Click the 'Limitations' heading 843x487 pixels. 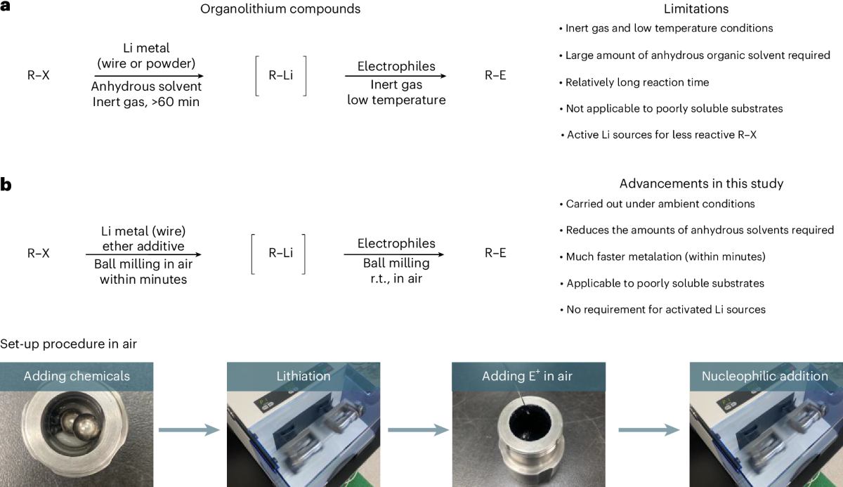coord(695,10)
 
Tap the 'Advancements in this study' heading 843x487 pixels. coord(701,184)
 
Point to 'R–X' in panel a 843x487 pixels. coord(38,76)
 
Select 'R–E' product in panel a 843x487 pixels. coord(495,76)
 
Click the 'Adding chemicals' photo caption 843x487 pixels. coord(77,376)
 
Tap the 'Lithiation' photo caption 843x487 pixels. coord(303,376)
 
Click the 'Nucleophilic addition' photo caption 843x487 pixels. coord(764,376)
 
